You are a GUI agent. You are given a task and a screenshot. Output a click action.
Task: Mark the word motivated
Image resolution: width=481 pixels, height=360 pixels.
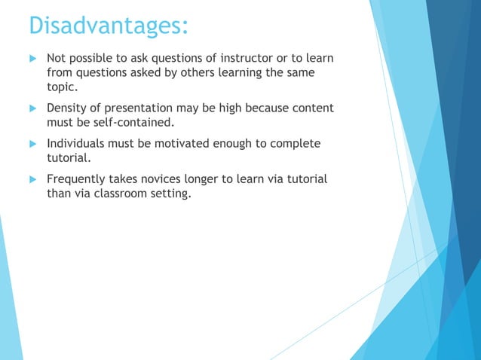pos(180,144)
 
